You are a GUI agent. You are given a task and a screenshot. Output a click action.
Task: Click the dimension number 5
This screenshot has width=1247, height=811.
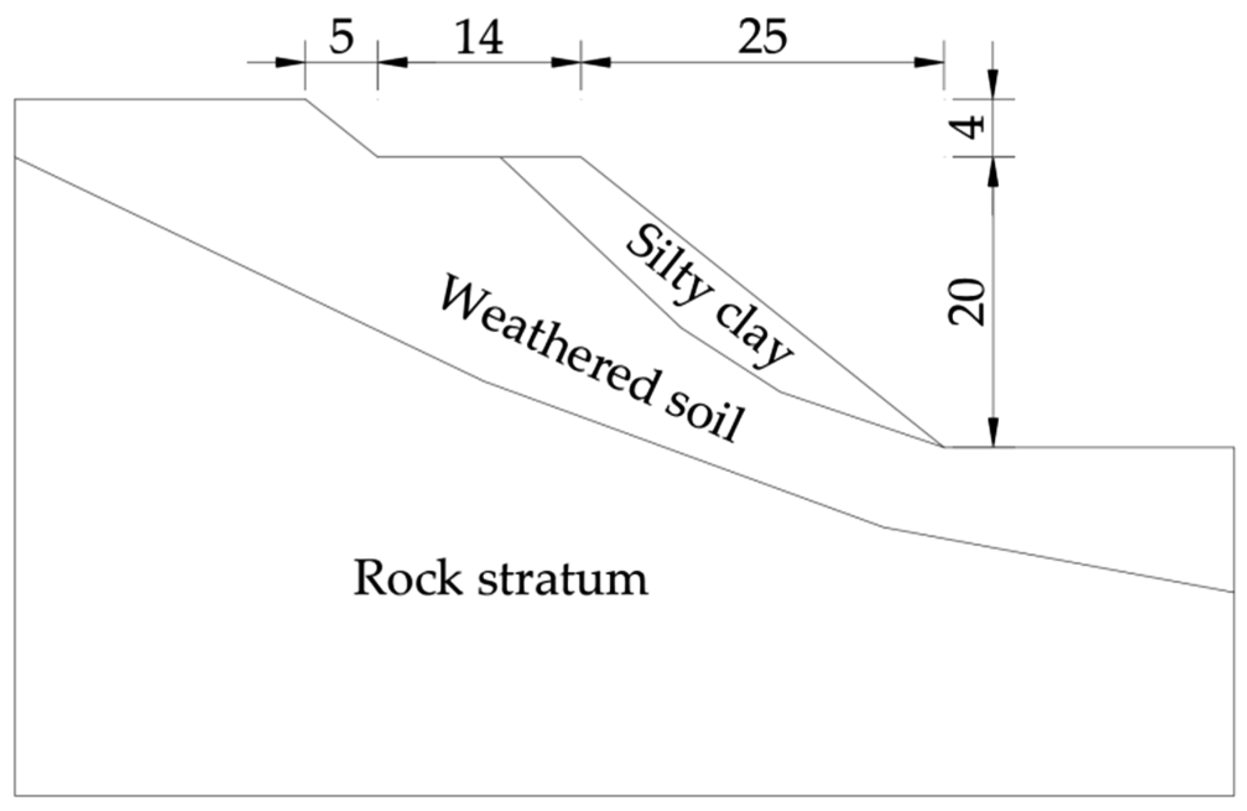pos(341,38)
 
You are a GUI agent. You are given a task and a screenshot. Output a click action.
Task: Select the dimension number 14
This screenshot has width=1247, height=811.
pos(479,38)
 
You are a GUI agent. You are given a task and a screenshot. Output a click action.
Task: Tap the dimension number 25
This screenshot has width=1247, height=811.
pos(762,38)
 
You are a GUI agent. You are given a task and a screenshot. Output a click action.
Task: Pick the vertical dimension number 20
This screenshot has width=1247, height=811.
pos(967,303)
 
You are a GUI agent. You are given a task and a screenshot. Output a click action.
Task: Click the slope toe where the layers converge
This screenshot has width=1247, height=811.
pos(943,446)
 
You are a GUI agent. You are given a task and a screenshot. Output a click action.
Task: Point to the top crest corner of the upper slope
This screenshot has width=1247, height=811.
pos(305,99)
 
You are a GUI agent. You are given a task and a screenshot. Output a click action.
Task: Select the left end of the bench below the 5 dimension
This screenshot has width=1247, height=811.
pos(378,157)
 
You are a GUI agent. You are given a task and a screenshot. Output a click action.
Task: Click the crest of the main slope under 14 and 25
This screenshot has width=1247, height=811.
pos(580,157)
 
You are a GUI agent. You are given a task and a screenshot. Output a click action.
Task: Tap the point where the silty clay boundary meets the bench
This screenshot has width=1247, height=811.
pos(501,157)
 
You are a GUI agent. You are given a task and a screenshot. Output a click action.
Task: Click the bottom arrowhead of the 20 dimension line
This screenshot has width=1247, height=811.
pos(993,432)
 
